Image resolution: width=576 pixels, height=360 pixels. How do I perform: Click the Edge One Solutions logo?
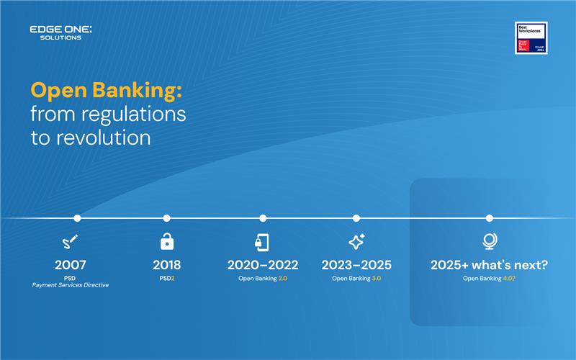click(x=60, y=32)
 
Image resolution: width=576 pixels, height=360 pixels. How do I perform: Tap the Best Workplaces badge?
click(x=531, y=38)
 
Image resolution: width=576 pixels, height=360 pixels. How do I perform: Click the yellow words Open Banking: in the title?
click(x=106, y=91)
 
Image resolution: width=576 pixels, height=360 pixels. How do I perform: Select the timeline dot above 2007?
click(x=77, y=218)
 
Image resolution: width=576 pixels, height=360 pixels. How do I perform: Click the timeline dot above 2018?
click(x=166, y=218)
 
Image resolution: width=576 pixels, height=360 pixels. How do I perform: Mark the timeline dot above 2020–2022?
click(x=263, y=218)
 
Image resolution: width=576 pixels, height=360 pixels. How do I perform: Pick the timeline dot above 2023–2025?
click(x=356, y=218)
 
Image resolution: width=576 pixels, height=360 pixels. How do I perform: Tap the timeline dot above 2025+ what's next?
click(x=490, y=218)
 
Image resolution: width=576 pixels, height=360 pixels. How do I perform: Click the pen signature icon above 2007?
click(x=70, y=242)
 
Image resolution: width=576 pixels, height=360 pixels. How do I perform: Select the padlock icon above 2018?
click(x=166, y=242)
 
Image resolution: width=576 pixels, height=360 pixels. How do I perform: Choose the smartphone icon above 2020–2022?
click(x=263, y=242)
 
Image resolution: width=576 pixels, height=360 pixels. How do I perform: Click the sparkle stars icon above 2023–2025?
click(x=356, y=242)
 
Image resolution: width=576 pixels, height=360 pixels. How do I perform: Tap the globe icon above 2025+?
click(x=490, y=242)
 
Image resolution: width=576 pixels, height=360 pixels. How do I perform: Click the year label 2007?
click(x=70, y=265)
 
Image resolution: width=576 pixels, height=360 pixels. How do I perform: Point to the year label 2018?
click(x=166, y=265)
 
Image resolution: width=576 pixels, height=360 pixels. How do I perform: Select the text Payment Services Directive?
click(x=70, y=286)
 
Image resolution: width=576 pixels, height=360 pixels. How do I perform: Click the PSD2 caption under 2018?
click(x=166, y=278)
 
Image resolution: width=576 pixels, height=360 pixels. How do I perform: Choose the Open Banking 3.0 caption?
click(x=356, y=278)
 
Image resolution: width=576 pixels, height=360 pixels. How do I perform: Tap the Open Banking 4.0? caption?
click(x=490, y=278)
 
